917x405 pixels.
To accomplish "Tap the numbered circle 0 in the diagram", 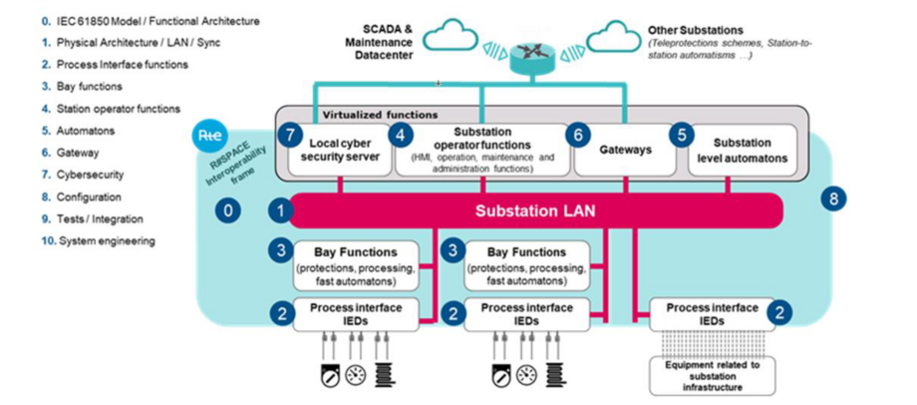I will click(229, 211).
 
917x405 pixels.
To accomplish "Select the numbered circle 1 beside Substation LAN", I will click(282, 211).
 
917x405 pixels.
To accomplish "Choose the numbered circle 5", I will click(682, 134).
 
